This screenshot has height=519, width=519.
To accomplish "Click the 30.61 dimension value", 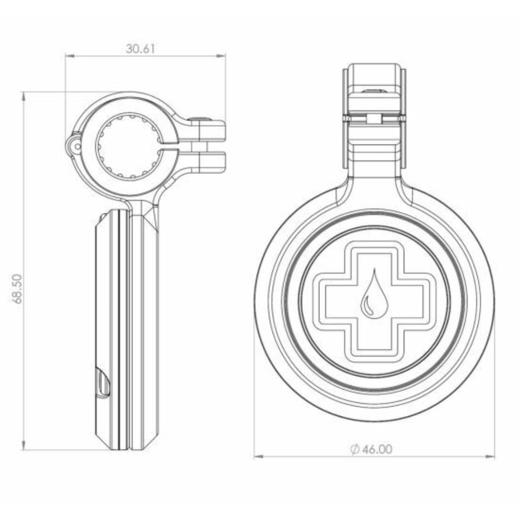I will pyautogui.click(x=141, y=49).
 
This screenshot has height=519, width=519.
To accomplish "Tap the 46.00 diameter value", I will pyautogui.click(x=377, y=449).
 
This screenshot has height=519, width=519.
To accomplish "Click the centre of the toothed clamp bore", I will pyautogui.click(x=129, y=146).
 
